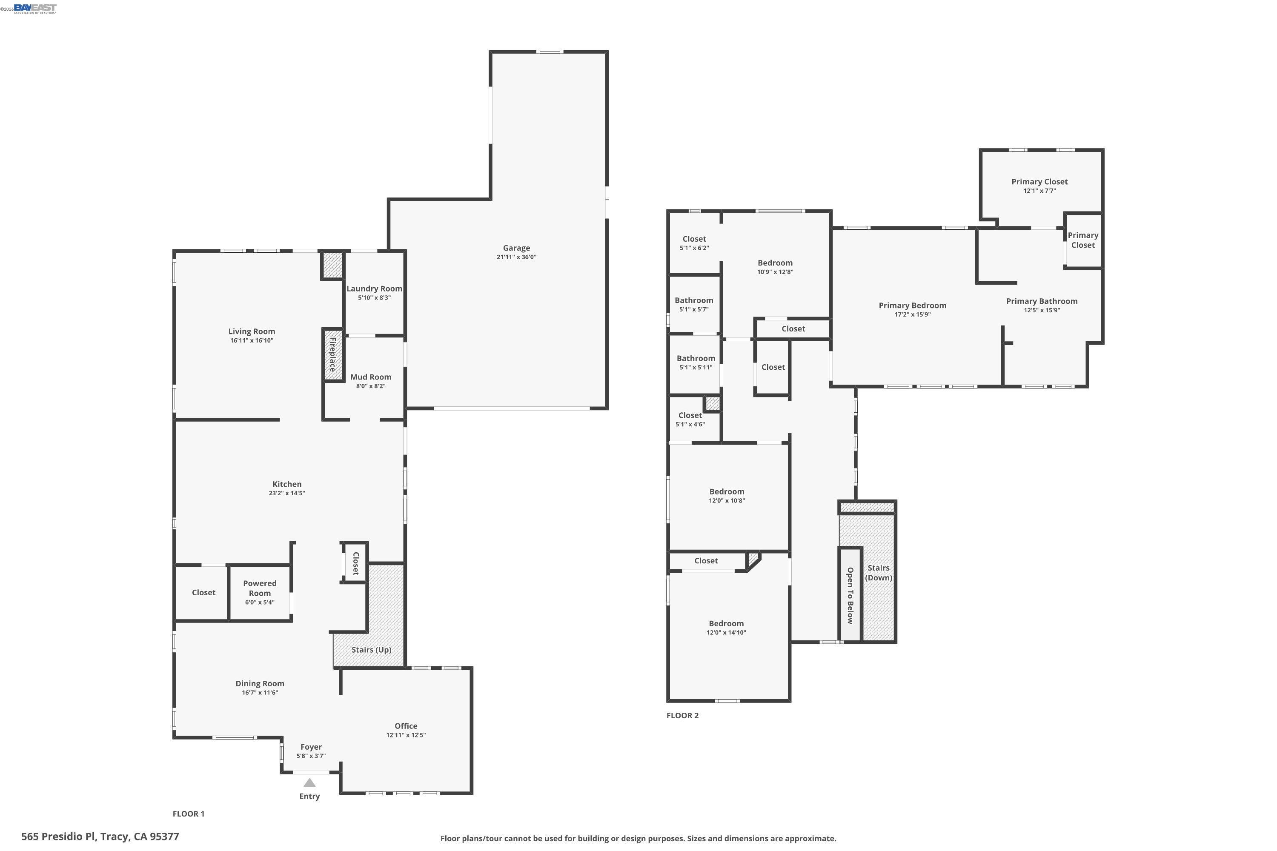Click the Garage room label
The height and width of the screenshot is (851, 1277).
(x=516, y=248)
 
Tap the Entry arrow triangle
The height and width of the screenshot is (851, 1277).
(x=309, y=782)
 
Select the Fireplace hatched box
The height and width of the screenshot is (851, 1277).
(x=333, y=355)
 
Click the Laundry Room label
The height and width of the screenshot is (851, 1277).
(x=374, y=289)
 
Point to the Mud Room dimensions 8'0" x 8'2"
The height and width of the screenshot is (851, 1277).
(x=371, y=386)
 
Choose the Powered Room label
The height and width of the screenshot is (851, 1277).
(x=260, y=588)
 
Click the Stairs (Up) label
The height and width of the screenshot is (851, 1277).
(x=371, y=650)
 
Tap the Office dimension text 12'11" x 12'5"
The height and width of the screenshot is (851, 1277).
(x=406, y=735)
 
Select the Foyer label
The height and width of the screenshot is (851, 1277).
(x=311, y=747)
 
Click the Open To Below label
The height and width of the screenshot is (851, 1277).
(x=850, y=595)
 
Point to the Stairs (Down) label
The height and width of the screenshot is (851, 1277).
(x=879, y=573)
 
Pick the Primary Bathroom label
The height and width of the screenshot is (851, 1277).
(x=1042, y=301)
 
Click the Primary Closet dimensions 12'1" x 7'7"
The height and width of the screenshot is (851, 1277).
(x=1040, y=191)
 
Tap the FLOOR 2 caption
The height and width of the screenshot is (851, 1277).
(x=682, y=715)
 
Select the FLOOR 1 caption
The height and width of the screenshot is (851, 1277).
(x=189, y=814)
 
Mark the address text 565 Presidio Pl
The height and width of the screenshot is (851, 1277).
(x=59, y=837)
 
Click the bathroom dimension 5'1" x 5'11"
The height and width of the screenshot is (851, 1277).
(x=696, y=368)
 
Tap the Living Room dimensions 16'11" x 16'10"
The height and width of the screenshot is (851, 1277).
(x=252, y=340)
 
